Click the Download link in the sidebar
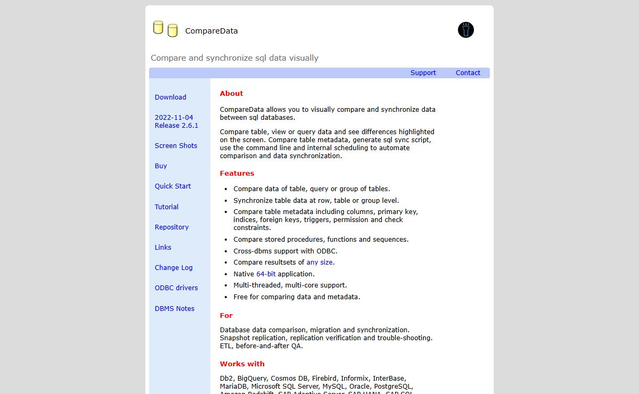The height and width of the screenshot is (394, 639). [170, 97]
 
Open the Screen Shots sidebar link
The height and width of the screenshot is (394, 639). [176, 146]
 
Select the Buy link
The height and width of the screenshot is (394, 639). [161, 166]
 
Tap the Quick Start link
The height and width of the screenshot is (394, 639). [173, 186]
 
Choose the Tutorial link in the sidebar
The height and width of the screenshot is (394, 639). [167, 207]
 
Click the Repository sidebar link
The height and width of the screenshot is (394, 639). [171, 227]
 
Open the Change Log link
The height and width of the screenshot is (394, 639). [174, 268]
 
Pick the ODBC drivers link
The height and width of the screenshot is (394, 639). [176, 288]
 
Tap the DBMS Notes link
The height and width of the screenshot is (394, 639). [175, 309]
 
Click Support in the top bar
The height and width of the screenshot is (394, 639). [423, 73]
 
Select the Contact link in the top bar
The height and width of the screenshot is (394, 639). [468, 73]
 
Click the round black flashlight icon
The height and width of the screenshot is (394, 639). [465, 30]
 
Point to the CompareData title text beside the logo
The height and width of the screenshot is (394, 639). [211, 31]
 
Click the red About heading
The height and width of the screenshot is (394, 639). [231, 94]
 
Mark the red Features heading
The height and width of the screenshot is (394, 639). [237, 174]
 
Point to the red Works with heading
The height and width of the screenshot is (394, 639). [242, 364]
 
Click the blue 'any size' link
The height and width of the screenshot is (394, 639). [320, 262]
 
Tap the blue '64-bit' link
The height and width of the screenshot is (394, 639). [266, 274]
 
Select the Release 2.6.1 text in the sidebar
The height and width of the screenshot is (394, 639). [176, 126]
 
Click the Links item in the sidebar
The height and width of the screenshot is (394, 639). [163, 248]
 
